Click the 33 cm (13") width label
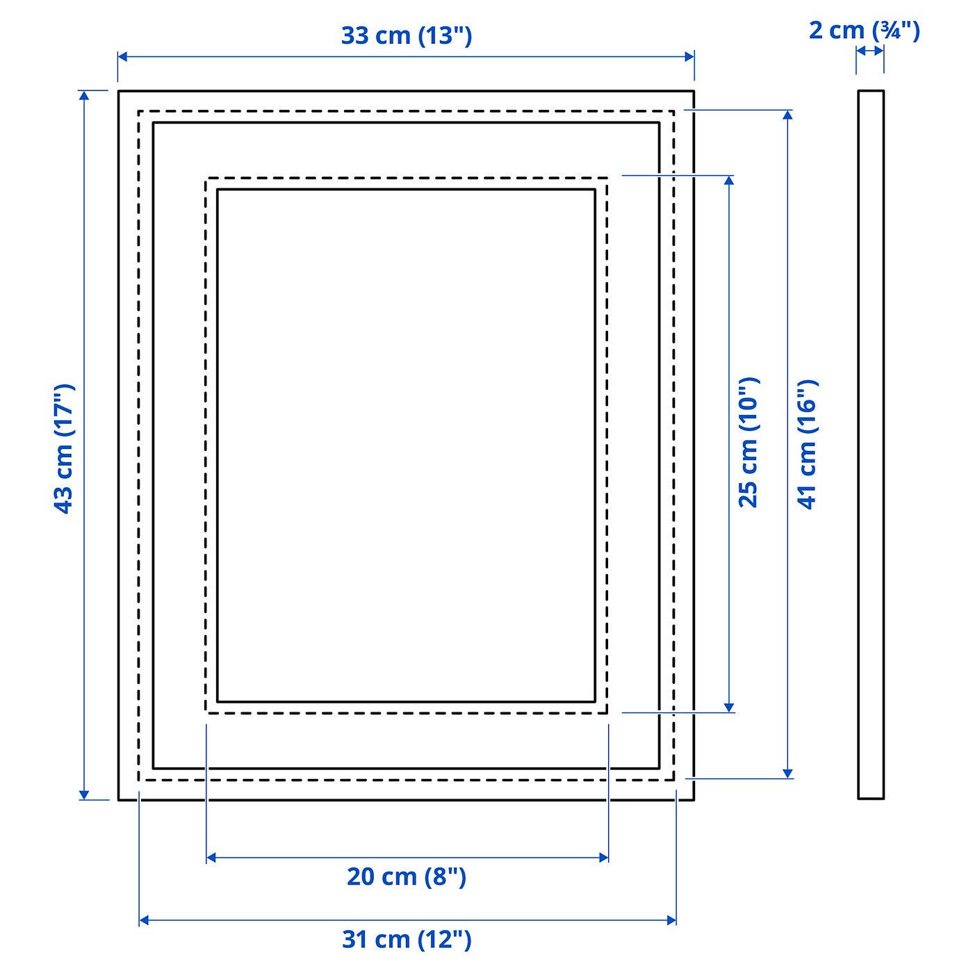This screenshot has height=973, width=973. click(407, 36)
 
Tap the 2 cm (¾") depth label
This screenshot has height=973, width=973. click(864, 31)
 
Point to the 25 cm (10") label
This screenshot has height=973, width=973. click(749, 442)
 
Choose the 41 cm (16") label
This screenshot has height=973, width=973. click(806, 444)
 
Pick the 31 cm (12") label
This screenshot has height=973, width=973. click(407, 940)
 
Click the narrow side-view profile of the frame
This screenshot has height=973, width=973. click(871, 445)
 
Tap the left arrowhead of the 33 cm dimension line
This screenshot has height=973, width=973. click(123, 56)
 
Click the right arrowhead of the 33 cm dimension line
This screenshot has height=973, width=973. click(689, 56)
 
